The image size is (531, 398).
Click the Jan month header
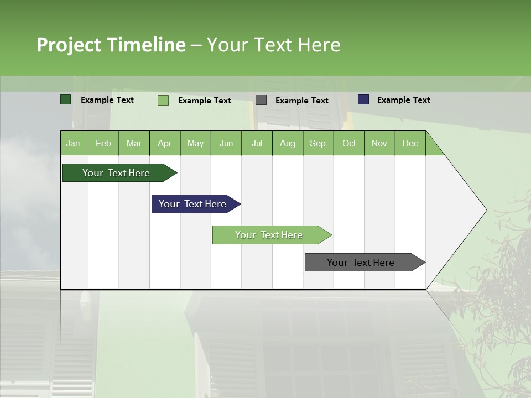[73, 143]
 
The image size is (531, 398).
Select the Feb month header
[103, 143]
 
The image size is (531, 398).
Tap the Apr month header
[164, 143]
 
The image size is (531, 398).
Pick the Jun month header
[226, 143]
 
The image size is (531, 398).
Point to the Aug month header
[287, 143]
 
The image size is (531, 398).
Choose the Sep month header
[317, 143]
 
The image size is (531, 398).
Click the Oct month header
[349, 143]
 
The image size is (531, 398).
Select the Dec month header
[410, 143]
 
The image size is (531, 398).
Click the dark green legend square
[66, 99]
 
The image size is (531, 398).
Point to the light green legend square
[163, 100]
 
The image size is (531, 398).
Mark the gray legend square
[261, 100]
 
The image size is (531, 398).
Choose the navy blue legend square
[363, 99]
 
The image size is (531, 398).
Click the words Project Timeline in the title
[111, 45]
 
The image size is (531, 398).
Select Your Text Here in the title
[273, 45]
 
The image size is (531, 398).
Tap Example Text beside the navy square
[403, 100]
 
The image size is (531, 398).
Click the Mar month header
[134, 143]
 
